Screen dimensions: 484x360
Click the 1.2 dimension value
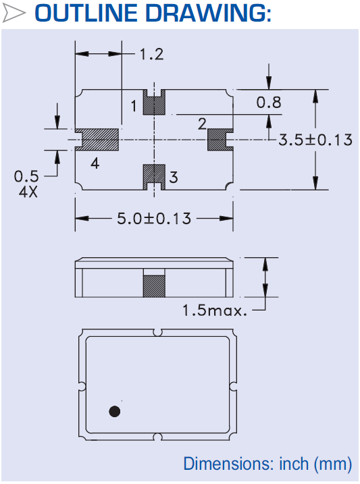[x=151, y=55]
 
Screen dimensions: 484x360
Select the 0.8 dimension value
[x=268, y=103]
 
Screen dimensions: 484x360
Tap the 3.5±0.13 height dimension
[x=316, y=140]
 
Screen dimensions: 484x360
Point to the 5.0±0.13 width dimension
[x=153, y=219]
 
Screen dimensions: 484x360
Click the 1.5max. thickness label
[x=215, y=311]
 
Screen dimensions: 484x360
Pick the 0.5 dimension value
[x=26, y=177]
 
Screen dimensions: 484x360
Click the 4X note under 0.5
[x=28, y=190]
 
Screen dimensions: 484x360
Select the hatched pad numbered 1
[x=155, y=105]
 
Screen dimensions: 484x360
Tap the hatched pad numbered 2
[x=217, y=140]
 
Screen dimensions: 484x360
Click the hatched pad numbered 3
[x=155, y=175]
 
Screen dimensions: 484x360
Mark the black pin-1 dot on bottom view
[x=115, y=411]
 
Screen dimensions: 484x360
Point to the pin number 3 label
[x=174, y=178]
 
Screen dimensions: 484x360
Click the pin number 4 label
[x=95, y=163]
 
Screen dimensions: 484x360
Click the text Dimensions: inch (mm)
[x=267, y=464]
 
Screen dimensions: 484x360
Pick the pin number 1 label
[x=134, y=106]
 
